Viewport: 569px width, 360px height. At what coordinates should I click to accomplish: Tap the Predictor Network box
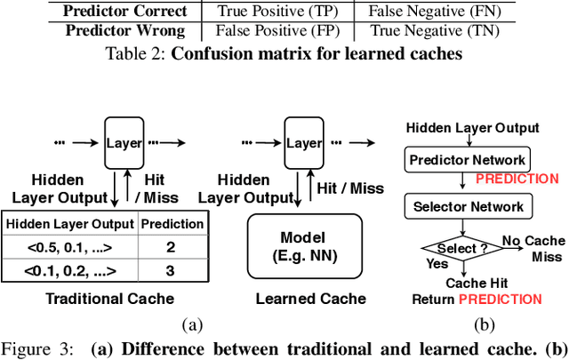click(x=467, y=160)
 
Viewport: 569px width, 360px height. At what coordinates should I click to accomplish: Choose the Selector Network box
click(x=467, y=207)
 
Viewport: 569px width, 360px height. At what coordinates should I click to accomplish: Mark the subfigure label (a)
click(x=192, y=324)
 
